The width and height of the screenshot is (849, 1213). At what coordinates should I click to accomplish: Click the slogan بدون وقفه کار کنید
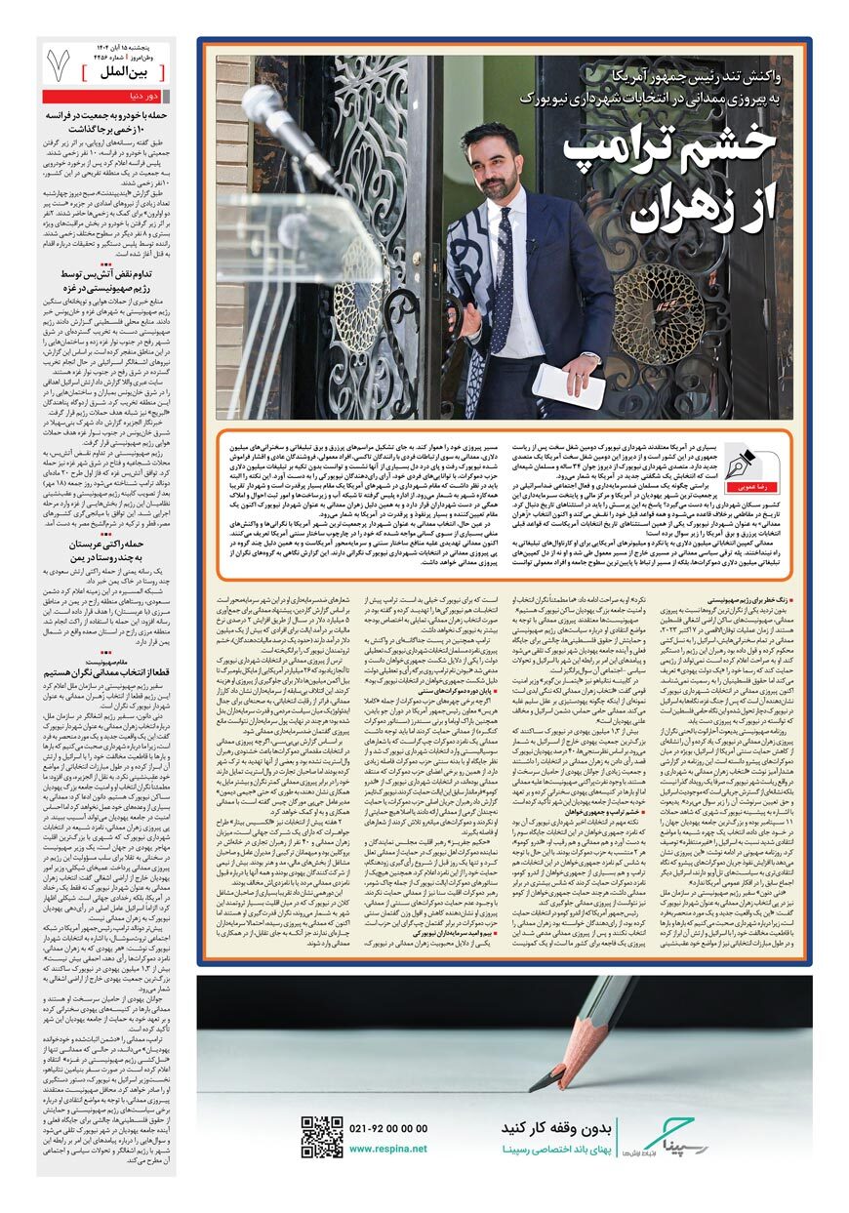[x=556, y=1127]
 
